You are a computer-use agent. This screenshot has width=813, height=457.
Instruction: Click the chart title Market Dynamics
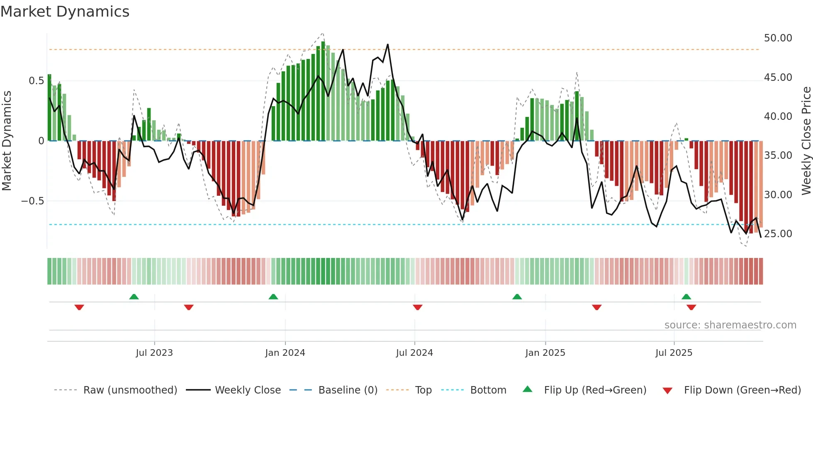[x=65, y=12]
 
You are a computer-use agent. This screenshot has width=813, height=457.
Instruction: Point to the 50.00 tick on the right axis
[x=778, y=38]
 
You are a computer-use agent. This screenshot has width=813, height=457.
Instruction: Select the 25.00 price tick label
[x=778, y=234]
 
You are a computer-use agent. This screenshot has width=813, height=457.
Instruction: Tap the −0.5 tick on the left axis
[x=32, y=201]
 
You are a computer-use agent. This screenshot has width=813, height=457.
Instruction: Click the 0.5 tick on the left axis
[x=36, y=81]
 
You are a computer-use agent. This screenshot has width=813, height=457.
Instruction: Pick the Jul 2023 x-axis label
[x=154, y=353]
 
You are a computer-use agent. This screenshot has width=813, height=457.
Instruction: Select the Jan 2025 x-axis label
[x=545, y=353]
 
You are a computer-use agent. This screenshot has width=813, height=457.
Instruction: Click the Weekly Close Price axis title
[x=806, y=141]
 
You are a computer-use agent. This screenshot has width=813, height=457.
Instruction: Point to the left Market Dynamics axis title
[x=7, y=141]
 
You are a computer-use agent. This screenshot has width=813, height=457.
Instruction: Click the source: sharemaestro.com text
[x=730, y=325]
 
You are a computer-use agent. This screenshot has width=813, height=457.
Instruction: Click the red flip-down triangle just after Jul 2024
[x=417, y=307]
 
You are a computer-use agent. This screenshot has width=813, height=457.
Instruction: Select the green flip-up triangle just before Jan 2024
[x=273, y=297]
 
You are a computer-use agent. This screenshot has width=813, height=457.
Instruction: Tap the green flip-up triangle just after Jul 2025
[x=686, y=297]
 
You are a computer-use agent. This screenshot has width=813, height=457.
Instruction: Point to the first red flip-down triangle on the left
[x=79, y=307]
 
